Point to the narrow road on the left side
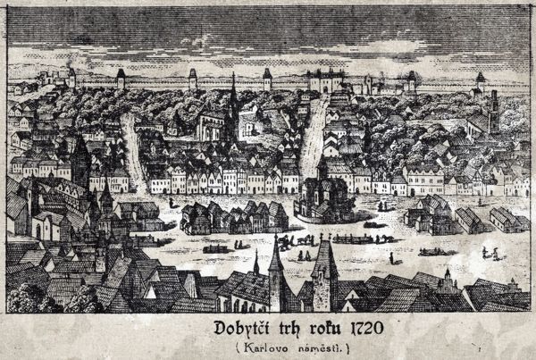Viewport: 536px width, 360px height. (132, 147)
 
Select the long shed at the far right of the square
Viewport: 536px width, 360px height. (505, 218)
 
